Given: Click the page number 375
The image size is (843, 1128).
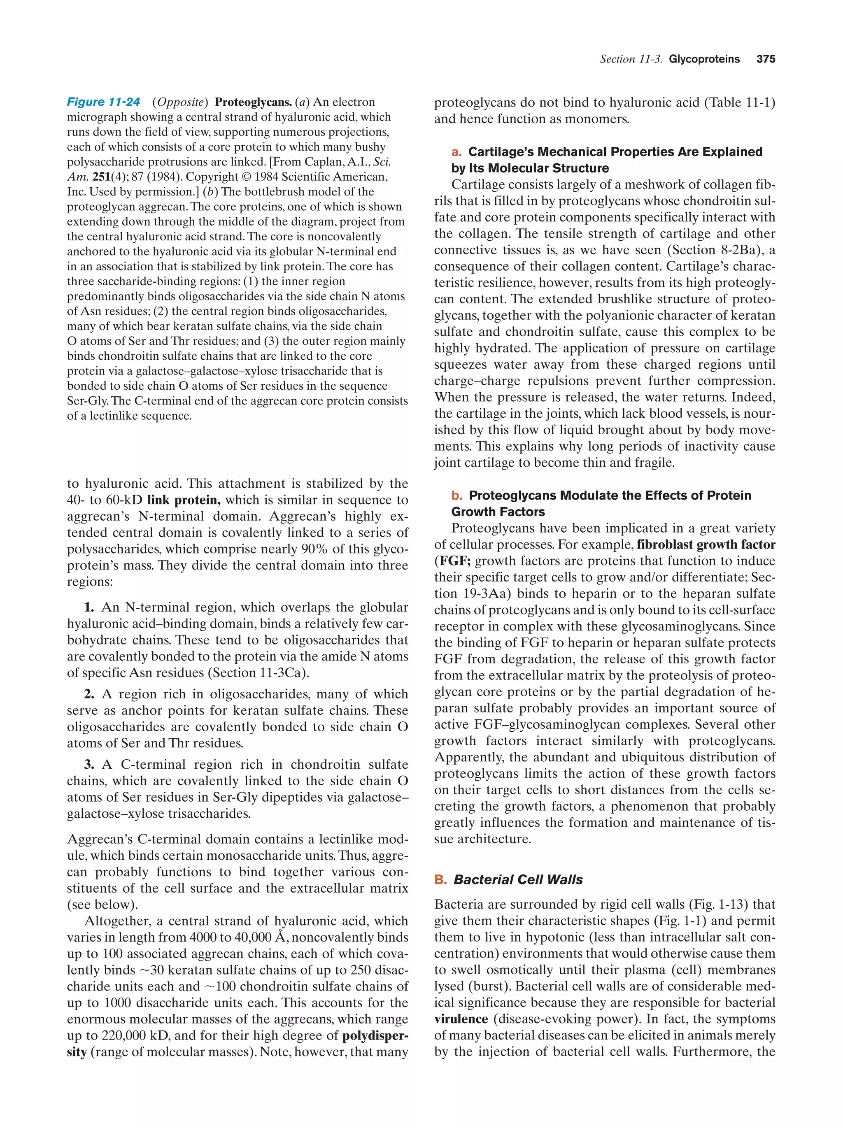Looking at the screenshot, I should (x=766, y=59).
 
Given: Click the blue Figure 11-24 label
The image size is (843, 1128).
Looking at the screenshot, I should (x=104, y=102).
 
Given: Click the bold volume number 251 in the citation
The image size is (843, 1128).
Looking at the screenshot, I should (x=102, y=177).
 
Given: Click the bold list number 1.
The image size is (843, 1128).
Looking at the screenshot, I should (x=89, y=607).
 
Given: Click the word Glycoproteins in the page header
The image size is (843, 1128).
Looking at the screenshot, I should (x=704, y=59).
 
